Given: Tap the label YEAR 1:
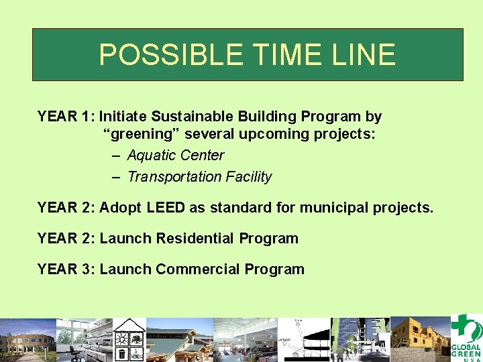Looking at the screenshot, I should pyautogui.click(x=66, y=117).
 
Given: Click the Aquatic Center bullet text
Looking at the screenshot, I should pyautogui.click(x=176, y=156).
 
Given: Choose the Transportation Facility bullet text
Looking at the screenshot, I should pyautogui.click(x=199, y=177).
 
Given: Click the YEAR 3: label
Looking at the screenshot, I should pyautogui.click(x=66, y=269).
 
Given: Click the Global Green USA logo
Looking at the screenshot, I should pyautogui.click(x=466, y=338).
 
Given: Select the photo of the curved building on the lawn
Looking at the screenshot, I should pyautogui.click(x=27, y=340).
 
